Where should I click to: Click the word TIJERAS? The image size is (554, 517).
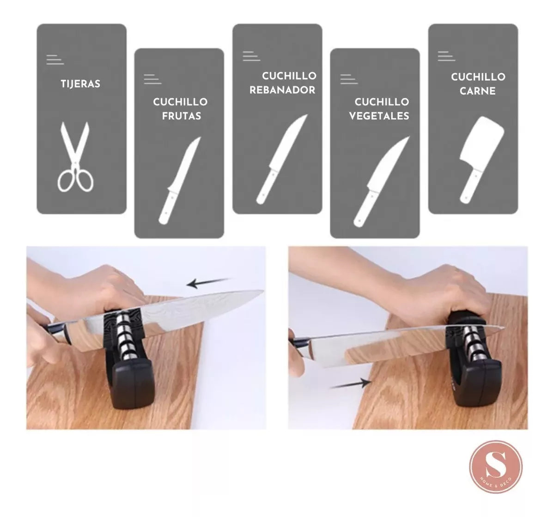pos(80,84)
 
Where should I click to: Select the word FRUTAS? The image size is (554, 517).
pos(182,116)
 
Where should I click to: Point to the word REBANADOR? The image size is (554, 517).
pos(282,90)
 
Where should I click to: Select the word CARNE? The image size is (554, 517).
pos(478,91)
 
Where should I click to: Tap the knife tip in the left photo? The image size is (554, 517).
pos(260,292)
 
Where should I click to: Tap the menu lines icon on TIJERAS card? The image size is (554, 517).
pos(55,60)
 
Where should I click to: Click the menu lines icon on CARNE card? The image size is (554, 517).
pos(446,56)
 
